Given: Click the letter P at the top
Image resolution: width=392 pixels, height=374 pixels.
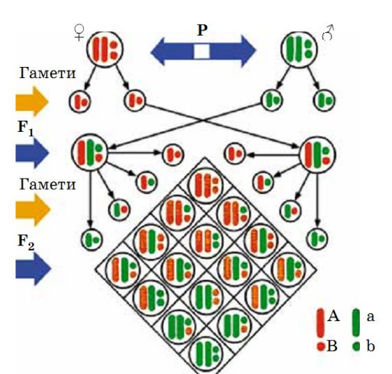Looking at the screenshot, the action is coord(202,30).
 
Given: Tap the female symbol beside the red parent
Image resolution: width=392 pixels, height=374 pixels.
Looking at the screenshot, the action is coord(80,32).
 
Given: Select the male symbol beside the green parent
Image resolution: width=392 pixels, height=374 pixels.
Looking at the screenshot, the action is coord(328,32).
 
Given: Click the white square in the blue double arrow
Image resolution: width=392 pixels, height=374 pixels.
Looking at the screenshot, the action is coord(202,51).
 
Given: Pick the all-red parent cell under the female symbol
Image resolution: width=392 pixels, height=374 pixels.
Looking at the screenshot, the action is coord(105,49).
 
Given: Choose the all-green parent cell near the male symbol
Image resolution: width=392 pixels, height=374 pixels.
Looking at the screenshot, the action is coord(299,50).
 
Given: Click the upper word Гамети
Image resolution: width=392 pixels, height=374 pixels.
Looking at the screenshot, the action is coord(47,73).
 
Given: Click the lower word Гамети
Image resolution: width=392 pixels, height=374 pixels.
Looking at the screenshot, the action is coord(47,184).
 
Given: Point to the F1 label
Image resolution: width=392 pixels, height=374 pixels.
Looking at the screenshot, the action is coord(26,128).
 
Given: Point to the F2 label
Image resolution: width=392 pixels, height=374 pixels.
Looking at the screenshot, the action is coord(26,242).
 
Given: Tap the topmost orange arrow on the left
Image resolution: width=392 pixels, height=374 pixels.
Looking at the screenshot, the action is coord(32,102).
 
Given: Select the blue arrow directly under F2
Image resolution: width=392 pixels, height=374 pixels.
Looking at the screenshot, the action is coord(33,269).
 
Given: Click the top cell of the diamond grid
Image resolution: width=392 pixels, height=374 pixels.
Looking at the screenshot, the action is coord(205,186).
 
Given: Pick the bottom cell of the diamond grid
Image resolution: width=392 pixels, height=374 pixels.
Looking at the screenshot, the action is coord(206,354).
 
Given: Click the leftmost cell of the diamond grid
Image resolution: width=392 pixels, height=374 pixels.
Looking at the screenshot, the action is coord(123,269).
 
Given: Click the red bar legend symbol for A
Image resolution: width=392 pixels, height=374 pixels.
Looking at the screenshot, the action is coord(320,323).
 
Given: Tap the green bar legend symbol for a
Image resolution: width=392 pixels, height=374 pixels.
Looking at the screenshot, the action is coord(356,323).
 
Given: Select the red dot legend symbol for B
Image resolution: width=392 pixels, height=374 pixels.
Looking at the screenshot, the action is coord(320,347).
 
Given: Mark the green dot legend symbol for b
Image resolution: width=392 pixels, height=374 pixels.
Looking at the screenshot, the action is coord(356,347).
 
